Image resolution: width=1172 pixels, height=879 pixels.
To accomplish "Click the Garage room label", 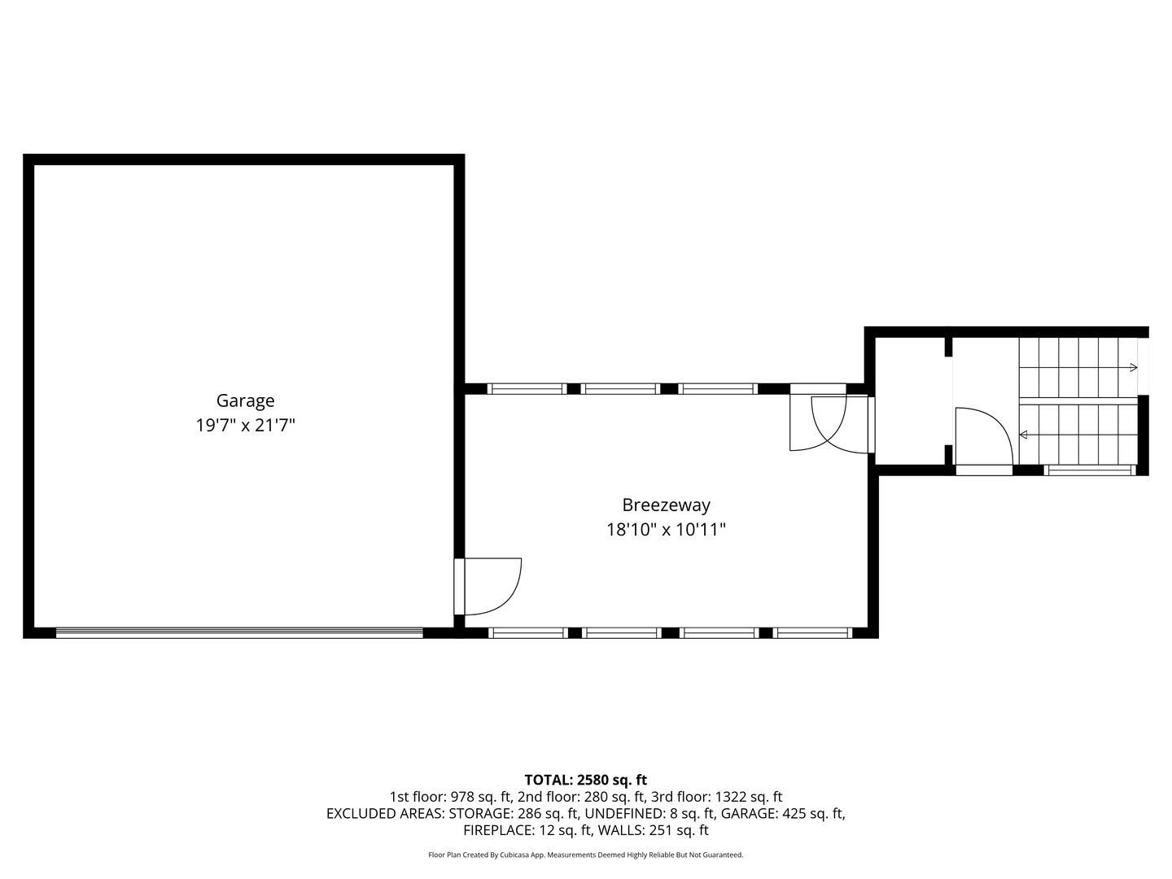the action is click(245, 400).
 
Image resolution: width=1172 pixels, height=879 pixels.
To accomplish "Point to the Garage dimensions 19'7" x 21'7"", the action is click(245, 426).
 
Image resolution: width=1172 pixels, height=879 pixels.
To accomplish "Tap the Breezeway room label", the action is click(666, 505).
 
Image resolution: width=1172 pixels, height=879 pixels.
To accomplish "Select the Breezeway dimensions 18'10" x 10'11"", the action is click(666, 529).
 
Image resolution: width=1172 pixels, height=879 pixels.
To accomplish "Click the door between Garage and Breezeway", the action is click(488, 587).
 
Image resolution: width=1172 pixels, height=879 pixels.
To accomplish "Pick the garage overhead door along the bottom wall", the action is click(239, 633).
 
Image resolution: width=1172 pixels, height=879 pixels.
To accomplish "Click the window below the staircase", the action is click(1090, 470).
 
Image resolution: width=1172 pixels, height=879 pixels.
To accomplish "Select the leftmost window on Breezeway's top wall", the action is click(527, 388).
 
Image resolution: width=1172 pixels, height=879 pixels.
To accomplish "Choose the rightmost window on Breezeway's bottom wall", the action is click(812, 633).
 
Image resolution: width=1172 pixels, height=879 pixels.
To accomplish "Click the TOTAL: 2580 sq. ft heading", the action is click(586, 780).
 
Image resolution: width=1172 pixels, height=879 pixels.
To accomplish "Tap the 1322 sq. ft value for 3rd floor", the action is click(749, 797).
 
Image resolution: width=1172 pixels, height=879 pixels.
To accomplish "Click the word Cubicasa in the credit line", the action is click(514, 855).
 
